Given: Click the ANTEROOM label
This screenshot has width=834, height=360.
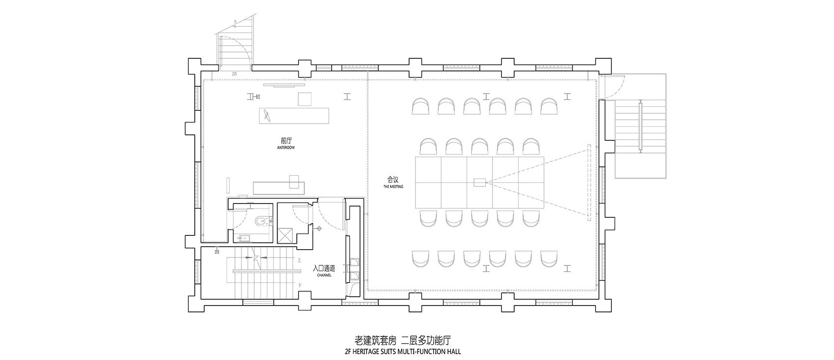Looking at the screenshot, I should [285, 147].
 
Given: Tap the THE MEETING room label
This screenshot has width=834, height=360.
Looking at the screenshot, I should [393, 187].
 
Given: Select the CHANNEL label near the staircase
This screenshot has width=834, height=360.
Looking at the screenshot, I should [324, 276].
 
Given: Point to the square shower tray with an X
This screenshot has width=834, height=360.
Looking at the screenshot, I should [285, 236].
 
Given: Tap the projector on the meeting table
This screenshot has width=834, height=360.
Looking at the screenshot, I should [479, 183].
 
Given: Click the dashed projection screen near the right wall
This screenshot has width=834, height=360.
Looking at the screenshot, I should [588, 181].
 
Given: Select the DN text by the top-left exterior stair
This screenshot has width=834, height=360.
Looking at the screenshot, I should [235, 74].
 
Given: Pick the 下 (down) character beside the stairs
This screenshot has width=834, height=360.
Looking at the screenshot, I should [299, 285].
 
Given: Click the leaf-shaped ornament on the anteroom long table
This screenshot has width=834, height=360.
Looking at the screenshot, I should [267, 116].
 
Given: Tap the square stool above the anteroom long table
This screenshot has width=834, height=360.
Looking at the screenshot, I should [305, 99].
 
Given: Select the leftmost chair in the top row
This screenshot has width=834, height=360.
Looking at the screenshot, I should [420, 106].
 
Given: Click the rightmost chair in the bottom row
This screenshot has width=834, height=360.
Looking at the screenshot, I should [549, 258].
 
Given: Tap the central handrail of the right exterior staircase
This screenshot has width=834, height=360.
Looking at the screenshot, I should [640, 126].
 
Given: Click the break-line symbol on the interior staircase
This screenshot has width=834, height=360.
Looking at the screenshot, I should [255, 258].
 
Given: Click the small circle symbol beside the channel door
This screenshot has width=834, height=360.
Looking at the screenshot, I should [319, 228].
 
